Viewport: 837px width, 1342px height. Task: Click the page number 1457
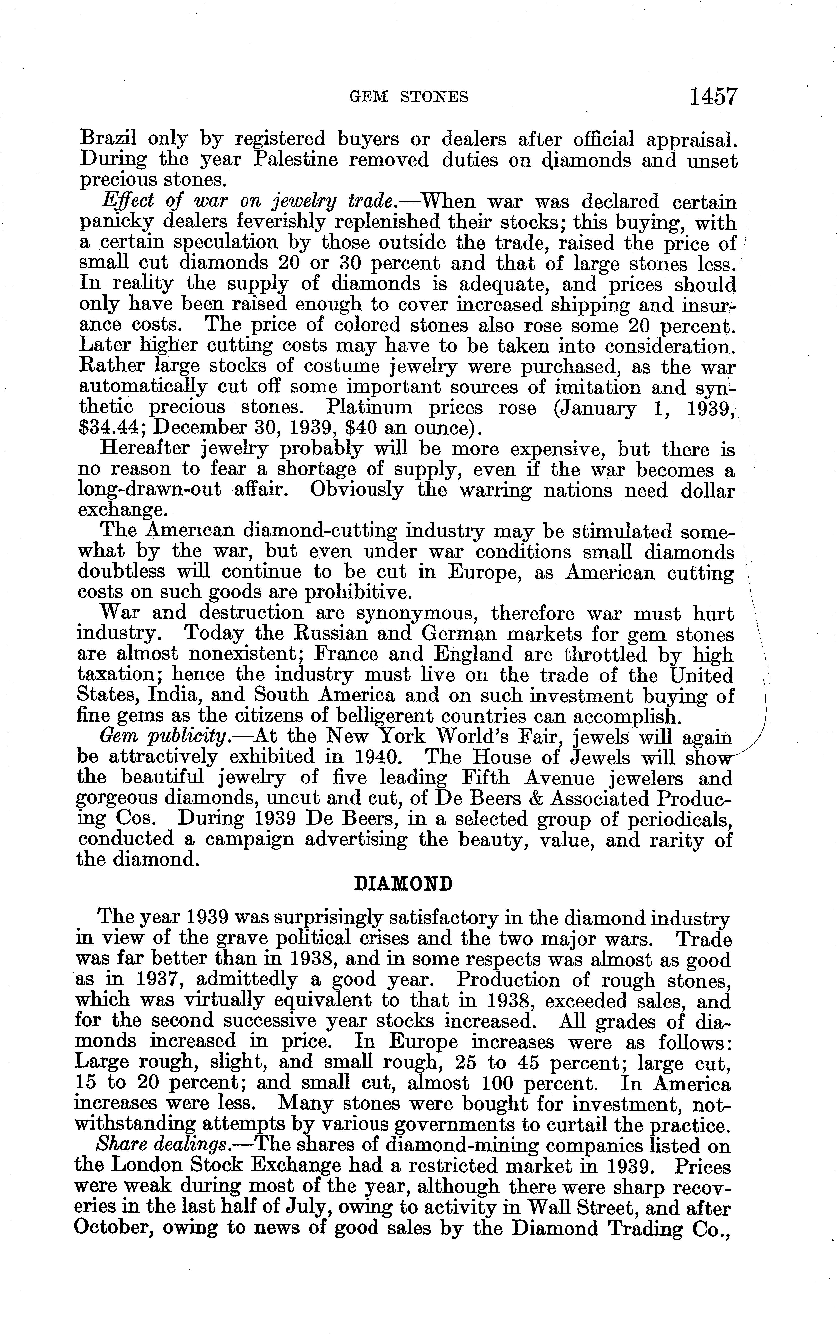pos(713,97)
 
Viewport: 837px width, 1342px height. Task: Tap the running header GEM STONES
pos(409,97)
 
